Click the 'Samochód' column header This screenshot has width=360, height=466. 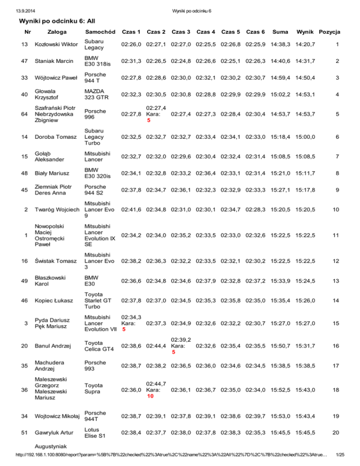100,32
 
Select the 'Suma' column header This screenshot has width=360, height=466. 280,32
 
